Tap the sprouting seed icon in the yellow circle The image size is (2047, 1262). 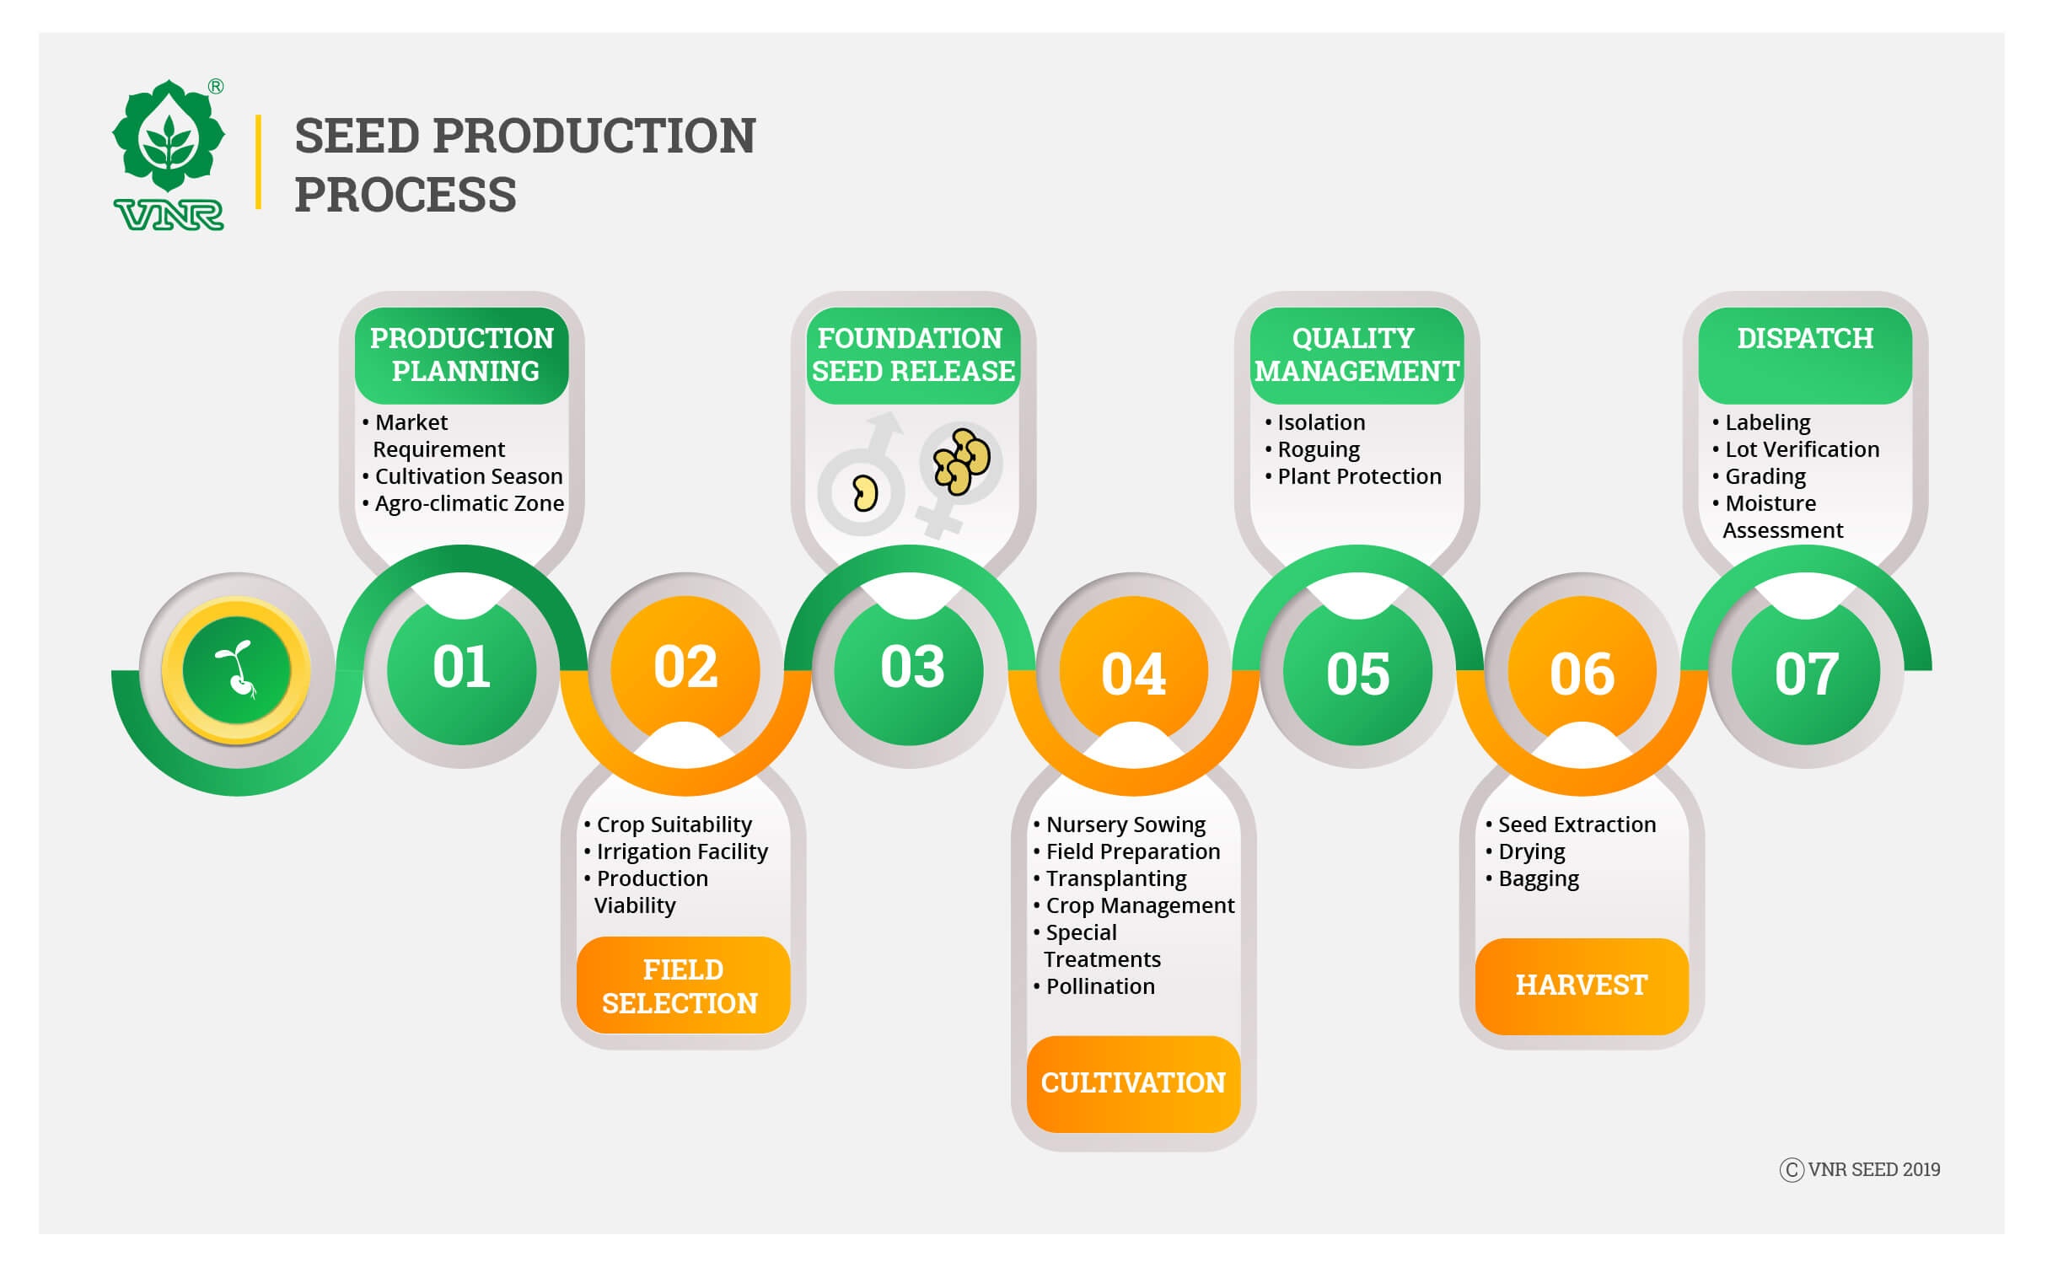pos(237,671)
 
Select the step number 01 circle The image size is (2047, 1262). pos(461,670)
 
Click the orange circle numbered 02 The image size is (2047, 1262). pos(685,670)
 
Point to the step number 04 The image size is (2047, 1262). pos(1134,674)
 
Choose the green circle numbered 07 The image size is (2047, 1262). pos(1806,670)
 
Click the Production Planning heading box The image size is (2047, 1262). pos(462,355)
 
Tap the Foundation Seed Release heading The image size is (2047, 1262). pos(913,355)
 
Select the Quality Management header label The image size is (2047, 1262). pos(1357,355)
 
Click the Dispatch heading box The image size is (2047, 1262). pos(1805,355)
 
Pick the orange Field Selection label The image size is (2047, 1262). pos(683,985)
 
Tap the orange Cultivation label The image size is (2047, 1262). pos(1133,1083)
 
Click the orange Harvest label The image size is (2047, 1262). pos(1582,985)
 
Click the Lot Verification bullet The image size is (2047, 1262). pos(1796,449)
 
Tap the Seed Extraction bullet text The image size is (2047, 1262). pos(1571,824)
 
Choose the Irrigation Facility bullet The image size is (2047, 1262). pos(676,851)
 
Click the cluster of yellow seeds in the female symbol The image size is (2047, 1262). pos(961,461)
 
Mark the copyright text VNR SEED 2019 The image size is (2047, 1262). pos(1860,1169)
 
